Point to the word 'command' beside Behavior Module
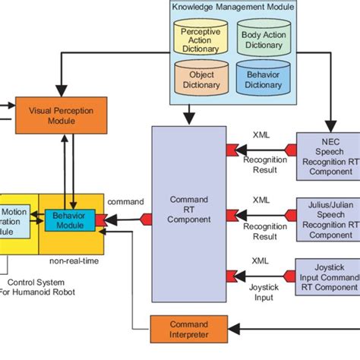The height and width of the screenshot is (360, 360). tap(125, 201)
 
